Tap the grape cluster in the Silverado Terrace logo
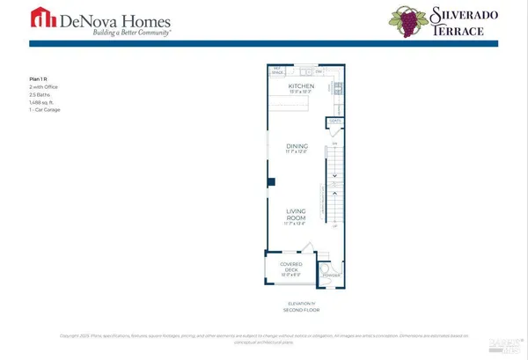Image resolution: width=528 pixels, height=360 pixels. coord(407,19)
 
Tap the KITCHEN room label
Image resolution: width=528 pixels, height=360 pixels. coord(302,86)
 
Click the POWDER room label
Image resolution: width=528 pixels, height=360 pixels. coord(332,276)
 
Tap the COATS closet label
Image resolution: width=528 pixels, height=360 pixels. coord(334,120)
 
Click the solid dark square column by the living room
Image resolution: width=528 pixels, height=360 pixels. coord(272,182)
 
